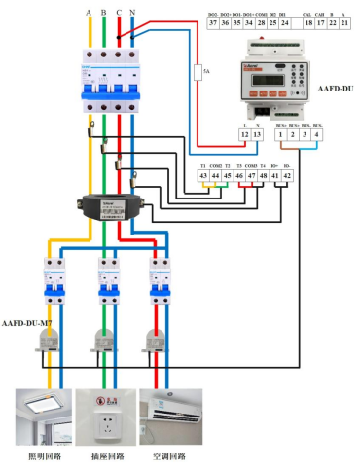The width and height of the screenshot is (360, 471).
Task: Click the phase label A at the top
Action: point(89,13)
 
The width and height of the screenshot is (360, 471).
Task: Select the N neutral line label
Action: point(132,13)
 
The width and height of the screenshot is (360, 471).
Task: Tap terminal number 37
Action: point(214,23)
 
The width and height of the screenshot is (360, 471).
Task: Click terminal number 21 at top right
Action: point(348,23)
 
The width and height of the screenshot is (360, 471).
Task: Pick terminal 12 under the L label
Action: point(243,133)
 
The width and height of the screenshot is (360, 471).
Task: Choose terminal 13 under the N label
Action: point(257,133)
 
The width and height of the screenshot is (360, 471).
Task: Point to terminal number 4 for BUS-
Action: point(317,133)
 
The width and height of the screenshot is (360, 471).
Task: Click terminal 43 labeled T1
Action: point(203,175)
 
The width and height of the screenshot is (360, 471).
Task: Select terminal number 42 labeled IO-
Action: point(287,175)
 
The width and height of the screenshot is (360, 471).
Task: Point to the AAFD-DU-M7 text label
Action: point(26,321)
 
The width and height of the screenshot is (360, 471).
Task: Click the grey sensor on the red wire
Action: point(153,338)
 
